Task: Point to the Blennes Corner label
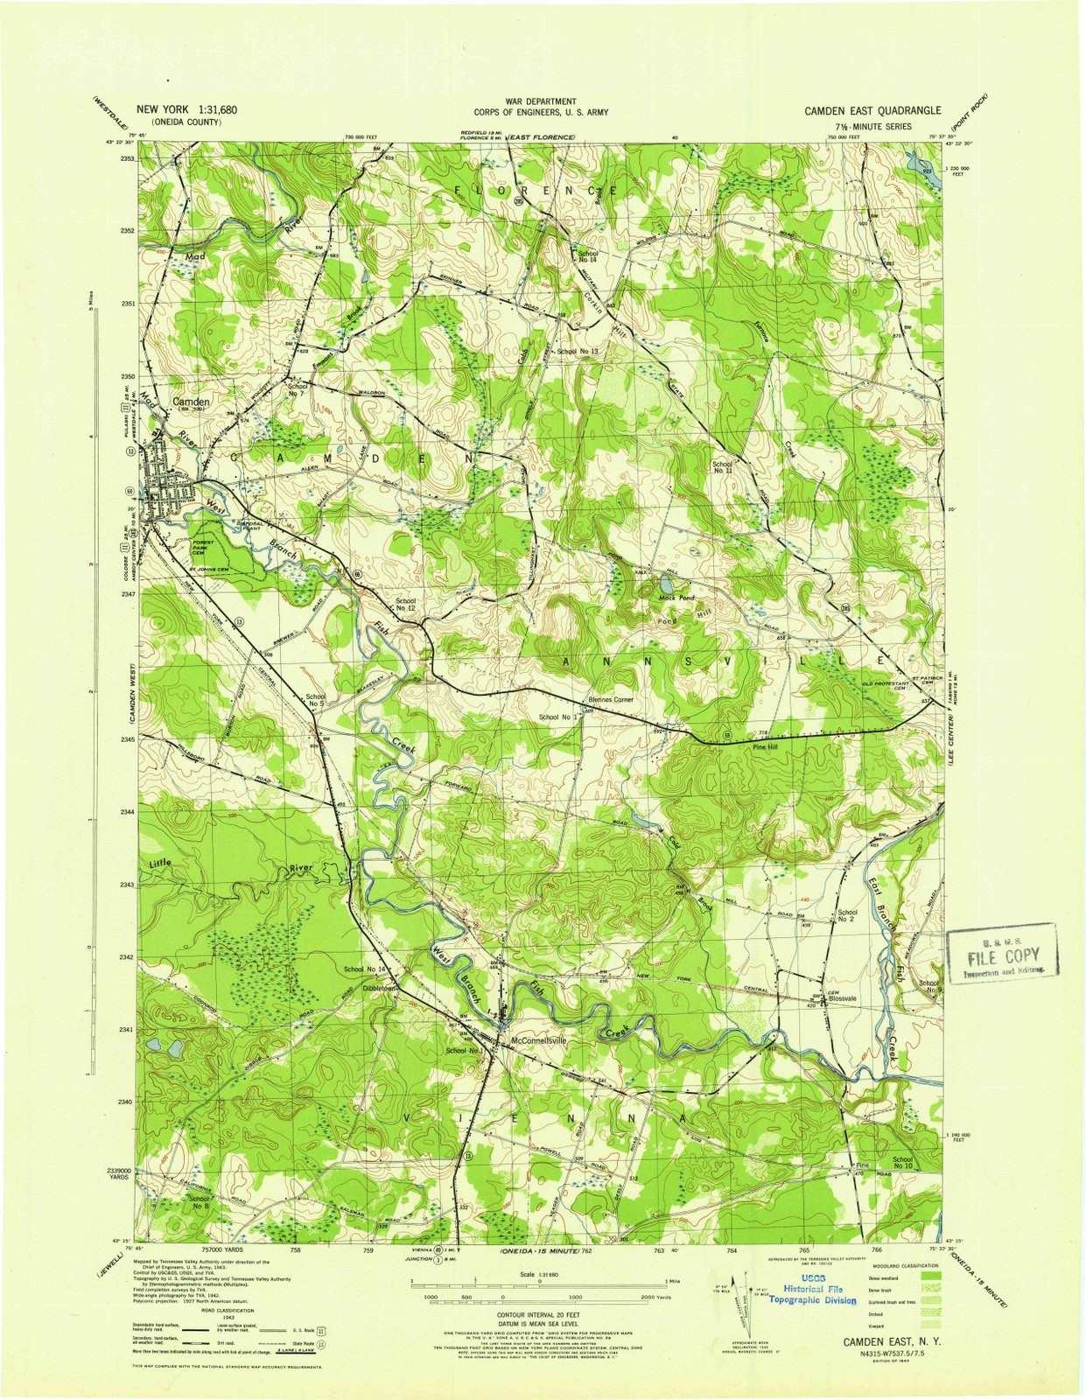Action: tap(610, 700)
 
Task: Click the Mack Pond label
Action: tap(676, 598)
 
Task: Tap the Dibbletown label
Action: tap(382, 988)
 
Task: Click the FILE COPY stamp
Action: tap(1002, 955)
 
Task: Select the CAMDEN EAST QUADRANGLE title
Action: tap(872, 111)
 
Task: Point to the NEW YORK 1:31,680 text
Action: tap(186, 110)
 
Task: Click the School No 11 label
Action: tap(722, 467)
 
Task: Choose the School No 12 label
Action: tap(405, 605)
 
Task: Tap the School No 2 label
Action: tap(845, 915)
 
